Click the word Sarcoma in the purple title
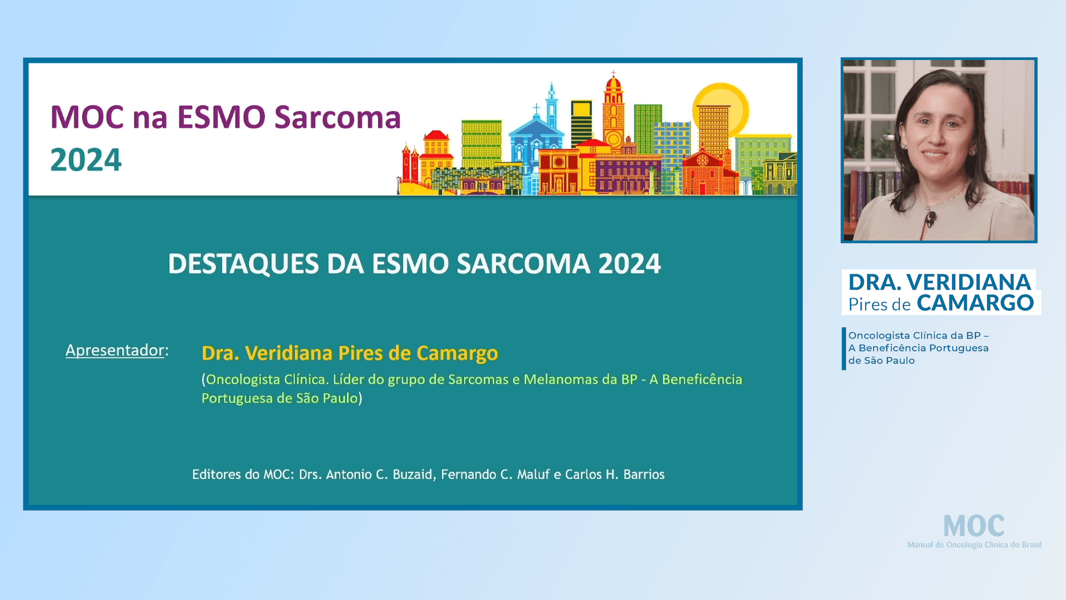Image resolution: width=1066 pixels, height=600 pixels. click(338, 118)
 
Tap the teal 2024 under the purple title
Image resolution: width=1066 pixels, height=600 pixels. click(86, 160)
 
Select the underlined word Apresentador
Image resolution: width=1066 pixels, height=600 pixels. click(115, 350)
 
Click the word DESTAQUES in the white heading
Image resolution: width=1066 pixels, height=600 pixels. click(243, 264)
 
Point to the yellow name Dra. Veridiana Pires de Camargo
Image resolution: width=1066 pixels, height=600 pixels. click(350, 353)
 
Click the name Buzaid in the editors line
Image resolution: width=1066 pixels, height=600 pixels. click(412, 474)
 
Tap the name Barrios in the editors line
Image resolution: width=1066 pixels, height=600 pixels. click(643, 474)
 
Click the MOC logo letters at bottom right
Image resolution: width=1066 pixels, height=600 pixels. click(974, 526)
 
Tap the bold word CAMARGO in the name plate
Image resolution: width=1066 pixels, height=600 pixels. click(975, 303)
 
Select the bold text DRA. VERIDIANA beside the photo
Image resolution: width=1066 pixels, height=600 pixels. click(939, 282)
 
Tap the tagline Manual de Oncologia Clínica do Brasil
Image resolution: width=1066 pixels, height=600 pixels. click(974, 545)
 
